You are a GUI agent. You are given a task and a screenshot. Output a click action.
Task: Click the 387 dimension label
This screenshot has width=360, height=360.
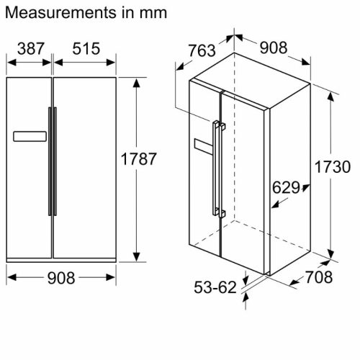(31, 49)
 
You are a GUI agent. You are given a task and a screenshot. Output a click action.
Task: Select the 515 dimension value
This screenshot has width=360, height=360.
(86, 49)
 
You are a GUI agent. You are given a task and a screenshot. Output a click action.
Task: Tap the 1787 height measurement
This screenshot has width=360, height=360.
(138, 159)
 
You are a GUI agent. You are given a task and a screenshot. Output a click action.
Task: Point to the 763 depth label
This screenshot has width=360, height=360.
(202, 50)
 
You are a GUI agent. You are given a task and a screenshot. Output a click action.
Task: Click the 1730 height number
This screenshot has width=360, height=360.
(333, 167)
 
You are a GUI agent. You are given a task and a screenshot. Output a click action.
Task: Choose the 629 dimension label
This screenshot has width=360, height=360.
(286, 187)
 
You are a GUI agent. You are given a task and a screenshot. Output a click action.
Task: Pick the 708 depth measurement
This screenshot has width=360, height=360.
(319, 277)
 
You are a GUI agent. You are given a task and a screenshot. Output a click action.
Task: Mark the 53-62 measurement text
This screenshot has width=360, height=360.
(215, 287)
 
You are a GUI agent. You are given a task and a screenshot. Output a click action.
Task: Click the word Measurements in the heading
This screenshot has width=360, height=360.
(60, 13)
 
